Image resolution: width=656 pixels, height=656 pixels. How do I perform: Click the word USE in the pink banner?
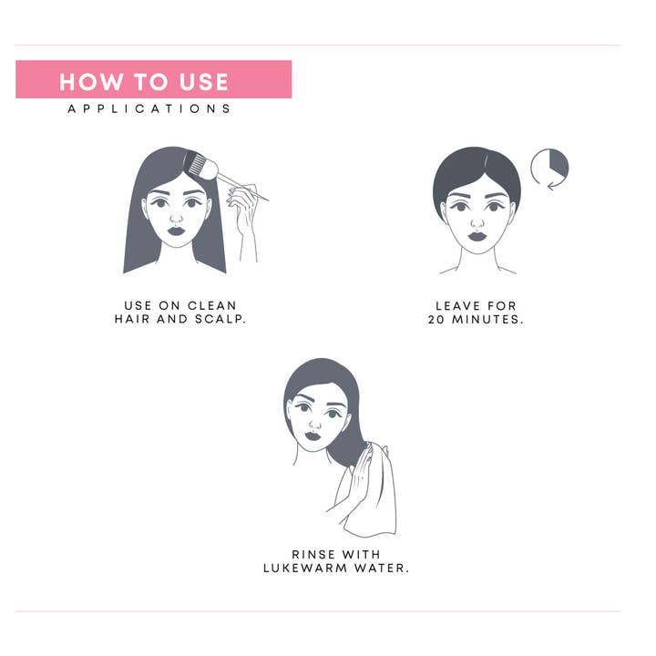(204, 82)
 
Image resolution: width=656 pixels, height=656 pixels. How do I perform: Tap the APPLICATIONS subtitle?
(149, 108)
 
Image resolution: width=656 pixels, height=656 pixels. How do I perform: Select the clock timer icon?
(549, 167)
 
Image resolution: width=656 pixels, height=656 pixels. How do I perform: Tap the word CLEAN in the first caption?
(212, 305)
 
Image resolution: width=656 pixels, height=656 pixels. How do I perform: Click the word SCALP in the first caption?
(220, 319)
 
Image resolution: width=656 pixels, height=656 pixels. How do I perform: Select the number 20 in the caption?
(436, 319)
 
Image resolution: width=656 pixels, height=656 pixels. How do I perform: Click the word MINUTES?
(487, 319)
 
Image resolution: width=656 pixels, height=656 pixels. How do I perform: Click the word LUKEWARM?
(305, 568)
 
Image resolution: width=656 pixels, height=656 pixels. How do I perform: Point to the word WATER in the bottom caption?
(382, 568)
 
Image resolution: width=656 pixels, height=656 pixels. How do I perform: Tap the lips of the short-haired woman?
(477, 236)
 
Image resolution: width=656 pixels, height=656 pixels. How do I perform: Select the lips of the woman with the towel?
(313, 436)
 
